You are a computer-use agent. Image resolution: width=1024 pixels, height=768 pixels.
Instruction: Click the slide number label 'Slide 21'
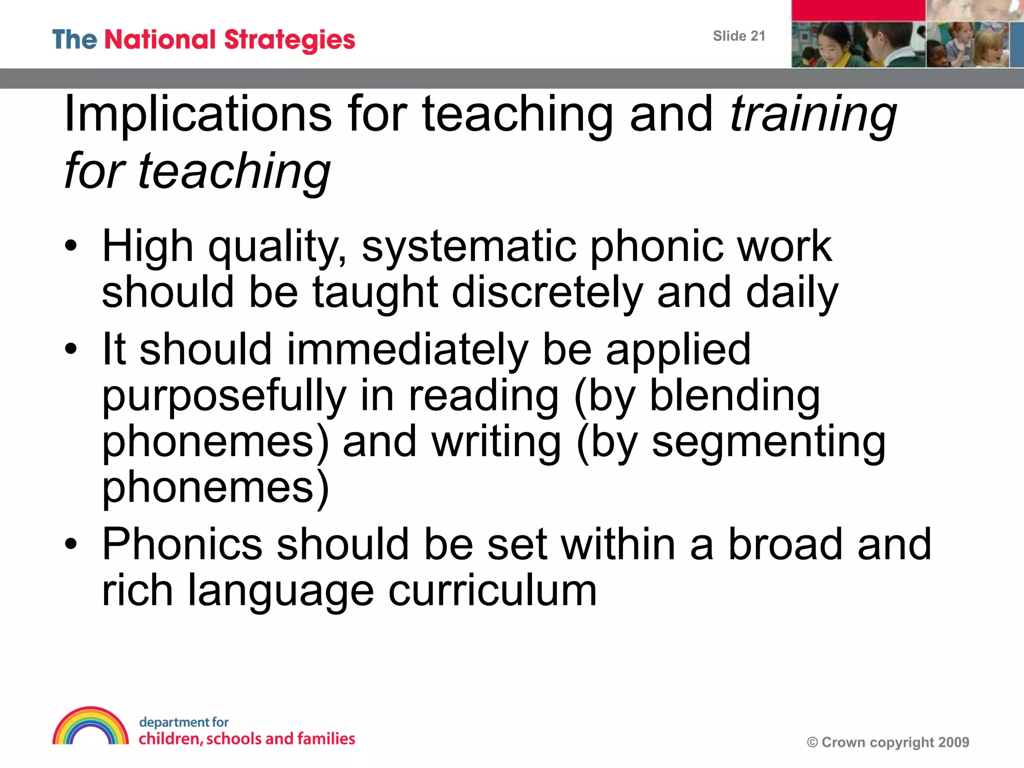(x=738, y=36)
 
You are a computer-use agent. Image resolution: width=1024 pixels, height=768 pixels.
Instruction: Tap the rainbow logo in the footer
(x=90, y=726)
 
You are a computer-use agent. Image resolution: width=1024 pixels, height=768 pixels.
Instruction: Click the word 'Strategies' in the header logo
(x=289, y=40)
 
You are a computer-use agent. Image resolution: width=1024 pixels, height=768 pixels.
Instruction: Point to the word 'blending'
(x=734, y=396)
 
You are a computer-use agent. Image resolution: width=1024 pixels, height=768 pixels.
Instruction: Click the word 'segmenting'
(x=768, y=443)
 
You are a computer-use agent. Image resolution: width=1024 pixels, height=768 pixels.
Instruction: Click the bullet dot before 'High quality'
(x=71, y=246)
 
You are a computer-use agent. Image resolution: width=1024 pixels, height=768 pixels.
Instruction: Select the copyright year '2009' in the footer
(x=953, y=742)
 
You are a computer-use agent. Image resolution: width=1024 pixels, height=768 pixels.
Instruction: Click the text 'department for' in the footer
(x=183, y=722)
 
